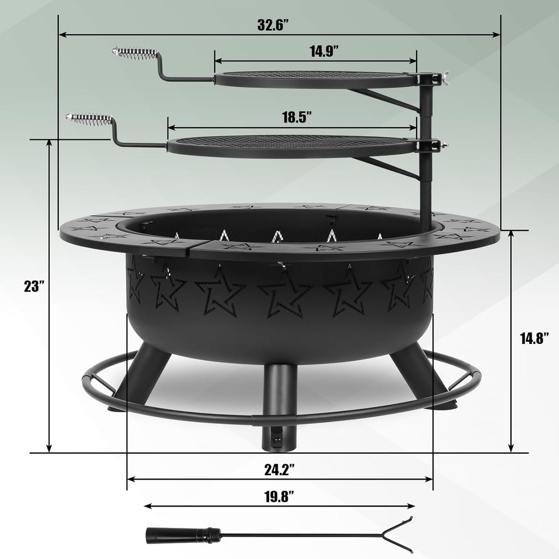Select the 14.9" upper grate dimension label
pyautogui.click(x=324, y=52)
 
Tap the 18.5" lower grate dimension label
pyautogui.click(x=297, y=117)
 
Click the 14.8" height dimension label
pyautogui.click(x=537, y=338)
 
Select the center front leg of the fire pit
pyautogui.click(x=279, y=407)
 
